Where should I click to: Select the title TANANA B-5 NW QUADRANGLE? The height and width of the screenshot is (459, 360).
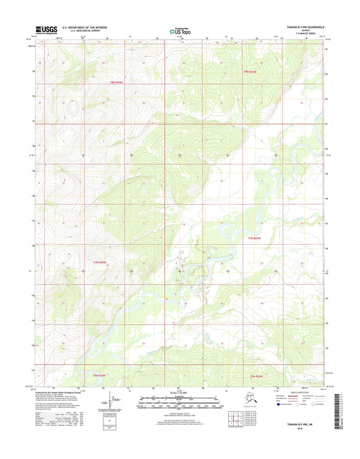(x=301, y=28)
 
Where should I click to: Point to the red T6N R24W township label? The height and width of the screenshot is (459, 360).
(x=99, y=376)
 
